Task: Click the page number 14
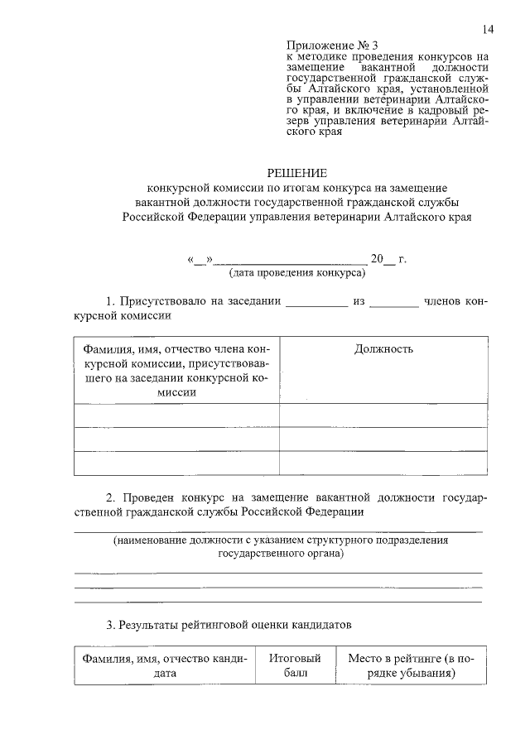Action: [487, 30]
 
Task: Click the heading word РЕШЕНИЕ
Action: [296, 173]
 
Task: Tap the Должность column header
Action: [383, 349]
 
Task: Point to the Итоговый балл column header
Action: [296, 666]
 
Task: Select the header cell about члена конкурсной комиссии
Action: [176, 371]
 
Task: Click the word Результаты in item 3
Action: [152, 624]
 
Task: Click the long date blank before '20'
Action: [291, 262]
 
